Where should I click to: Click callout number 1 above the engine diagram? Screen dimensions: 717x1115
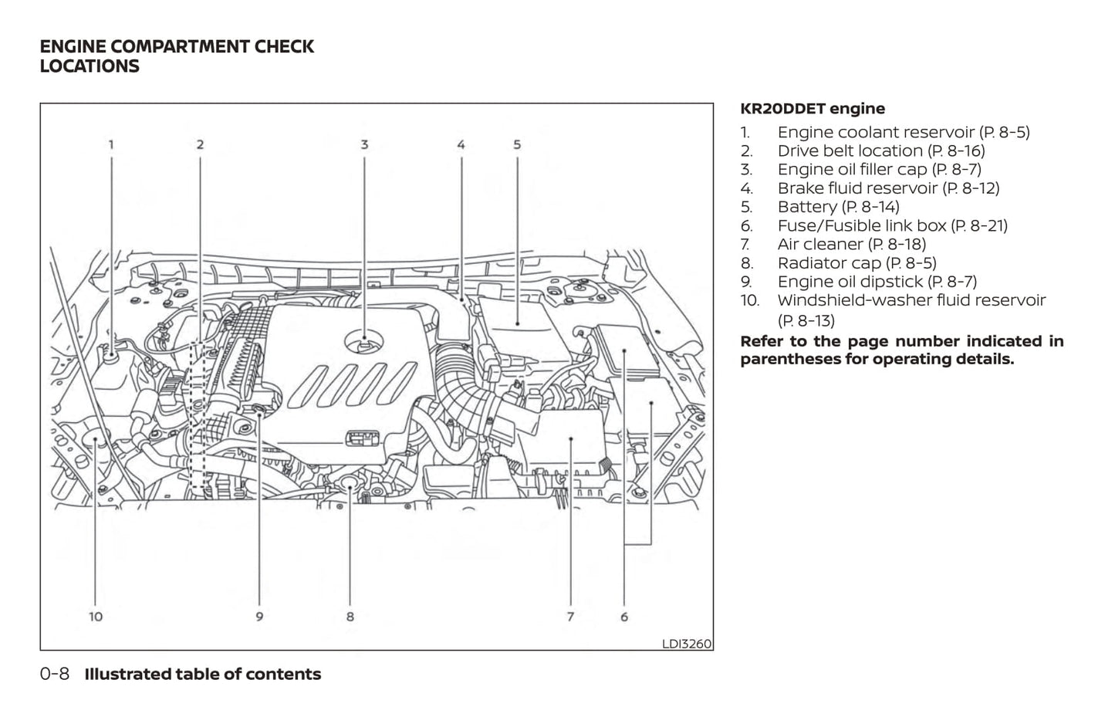pyautogui.click(x=111, y=144)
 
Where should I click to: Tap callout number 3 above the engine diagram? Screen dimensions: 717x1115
pyautogui.click(x=364, y=144)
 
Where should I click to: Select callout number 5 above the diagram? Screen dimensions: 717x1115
pyautogui.click(x=517, y=144)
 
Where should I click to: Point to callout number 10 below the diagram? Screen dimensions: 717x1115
pyautogui.click(x=96, y=617)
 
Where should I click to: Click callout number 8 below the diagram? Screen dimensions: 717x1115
pyautogui.click(x=350, y=617)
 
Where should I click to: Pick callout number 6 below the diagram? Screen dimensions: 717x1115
pyautogui.click(x=623, y=617)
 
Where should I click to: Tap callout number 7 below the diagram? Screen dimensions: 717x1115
pyautogui.click(x=570, y=617)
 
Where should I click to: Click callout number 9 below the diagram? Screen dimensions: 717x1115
pyautogui.click(x=259, y=617)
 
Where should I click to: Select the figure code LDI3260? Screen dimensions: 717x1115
pyautogui.click(x=686, y=644)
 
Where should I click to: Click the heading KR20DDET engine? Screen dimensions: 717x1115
pyautogui.click(x=812, y=109)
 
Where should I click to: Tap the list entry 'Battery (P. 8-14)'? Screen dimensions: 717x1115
pyautogui.click(x=838, y=207)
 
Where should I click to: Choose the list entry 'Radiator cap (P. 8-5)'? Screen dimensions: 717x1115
pyautogui.click(x=857, y=263)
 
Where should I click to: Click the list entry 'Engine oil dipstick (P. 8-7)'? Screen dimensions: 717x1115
pyautogui.click(x=877, y=282)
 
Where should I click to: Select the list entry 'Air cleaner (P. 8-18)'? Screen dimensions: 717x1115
pyautogui.click(x=851, y=245)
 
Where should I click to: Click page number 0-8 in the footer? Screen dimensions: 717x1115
pyautogui.click(x=54, y=674)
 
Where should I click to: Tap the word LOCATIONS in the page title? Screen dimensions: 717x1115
pyautogui.click(x=90, y=66)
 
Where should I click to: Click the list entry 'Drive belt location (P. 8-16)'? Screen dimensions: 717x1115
pyautogui.click(x=880, y=151)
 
